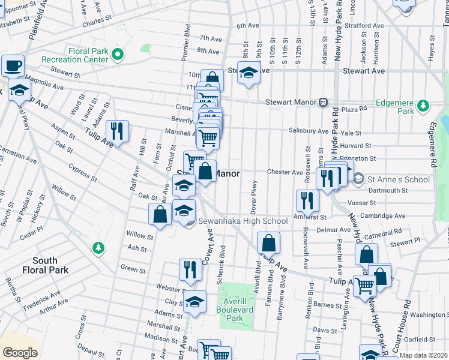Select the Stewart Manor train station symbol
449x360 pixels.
tap(323, 101)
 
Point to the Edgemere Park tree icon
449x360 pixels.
tap(424, 106)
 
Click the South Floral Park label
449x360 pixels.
tap(54, 265)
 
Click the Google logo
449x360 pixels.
tap(20, 352)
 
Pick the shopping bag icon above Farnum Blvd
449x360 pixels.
tap(268, 243)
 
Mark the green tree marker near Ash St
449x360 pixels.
tap(98, 247)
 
